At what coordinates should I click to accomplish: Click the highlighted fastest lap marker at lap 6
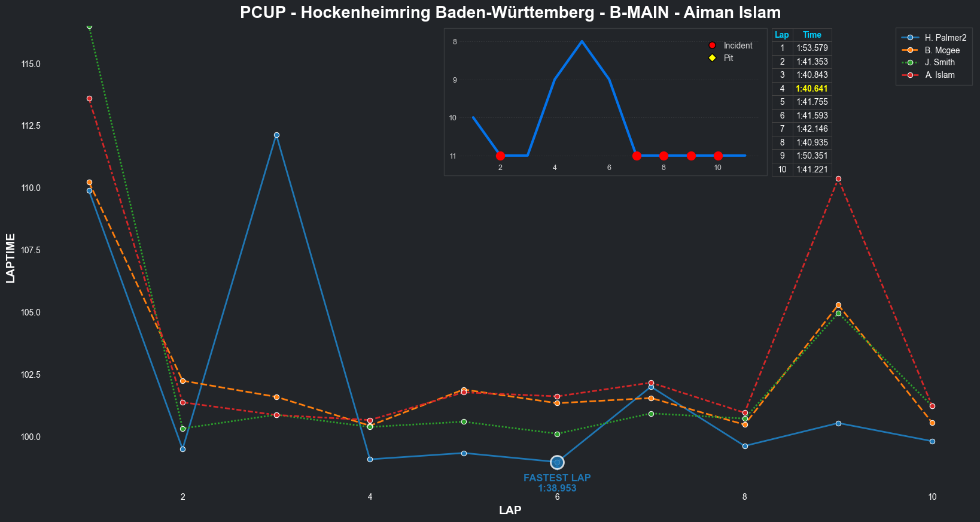[557, 462]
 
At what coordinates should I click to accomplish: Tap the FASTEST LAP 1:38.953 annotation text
[557, 483]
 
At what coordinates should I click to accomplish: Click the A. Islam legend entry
[939, 75]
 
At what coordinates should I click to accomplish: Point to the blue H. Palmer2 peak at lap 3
[276, 135]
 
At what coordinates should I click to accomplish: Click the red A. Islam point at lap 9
[838, 178]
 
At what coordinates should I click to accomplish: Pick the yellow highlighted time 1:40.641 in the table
[812, 89]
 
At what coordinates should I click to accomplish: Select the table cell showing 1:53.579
[812, 48]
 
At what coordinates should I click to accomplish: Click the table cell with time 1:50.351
[812, 156]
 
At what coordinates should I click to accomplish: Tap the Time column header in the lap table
[812, 35]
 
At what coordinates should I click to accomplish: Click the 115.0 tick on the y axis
[31, 63]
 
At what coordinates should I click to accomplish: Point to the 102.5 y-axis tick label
[31, 375]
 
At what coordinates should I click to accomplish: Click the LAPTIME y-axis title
[11, 258]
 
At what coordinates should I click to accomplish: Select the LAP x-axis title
[510, 510]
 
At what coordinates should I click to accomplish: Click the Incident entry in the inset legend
[738, 45]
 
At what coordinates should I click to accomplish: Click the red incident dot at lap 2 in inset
[500, 156]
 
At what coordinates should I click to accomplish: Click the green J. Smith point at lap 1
[89, 26]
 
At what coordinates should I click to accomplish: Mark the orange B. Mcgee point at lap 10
[932, 423]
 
